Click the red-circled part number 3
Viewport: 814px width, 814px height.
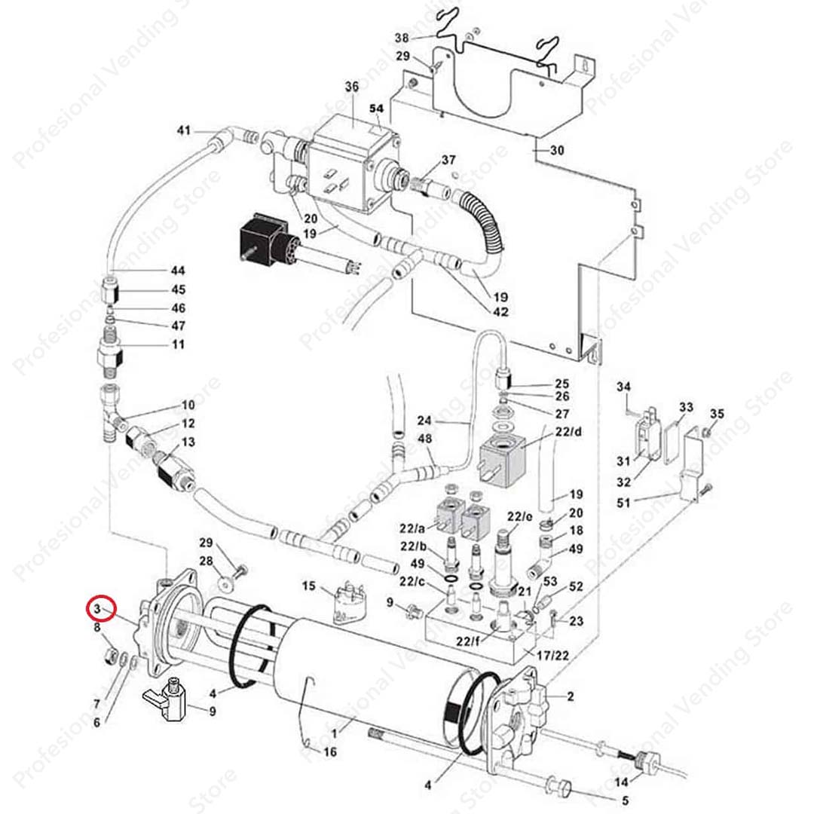tap(99, 608)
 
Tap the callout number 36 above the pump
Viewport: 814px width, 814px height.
tap(352, 87)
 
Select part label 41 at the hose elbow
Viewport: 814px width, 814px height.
tap(184, 131)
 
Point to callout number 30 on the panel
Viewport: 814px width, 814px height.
tap(557, 151)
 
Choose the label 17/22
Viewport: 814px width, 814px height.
tap(553, 656)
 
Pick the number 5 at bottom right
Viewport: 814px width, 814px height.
tap(625, 800)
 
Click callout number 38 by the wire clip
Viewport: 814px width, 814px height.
tap(402, 38)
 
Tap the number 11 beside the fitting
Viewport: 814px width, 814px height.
tap(178, 344)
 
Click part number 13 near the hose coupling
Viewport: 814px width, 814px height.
tap(188, 442)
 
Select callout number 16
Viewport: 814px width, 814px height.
tap(329, 752)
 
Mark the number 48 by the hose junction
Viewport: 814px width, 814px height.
tap(425, 439)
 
